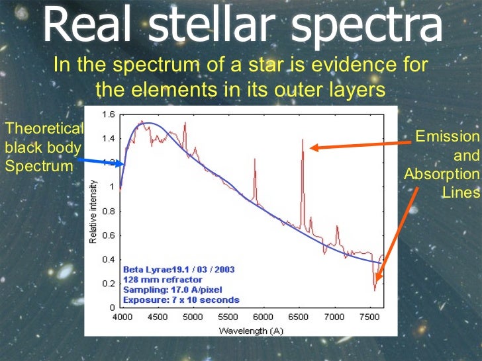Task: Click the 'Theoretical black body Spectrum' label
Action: pos(44,147)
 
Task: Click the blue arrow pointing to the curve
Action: pos(99,161)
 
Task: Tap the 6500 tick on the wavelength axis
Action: pos(299,316)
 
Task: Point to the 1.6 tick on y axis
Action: pos(107,114)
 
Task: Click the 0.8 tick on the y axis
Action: pos(107,211)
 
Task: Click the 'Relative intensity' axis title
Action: pos(94,211)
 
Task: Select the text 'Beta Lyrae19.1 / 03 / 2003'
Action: pos(178,270)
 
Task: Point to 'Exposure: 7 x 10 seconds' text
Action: pos(181,300)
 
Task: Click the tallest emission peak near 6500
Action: pos(302,140)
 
